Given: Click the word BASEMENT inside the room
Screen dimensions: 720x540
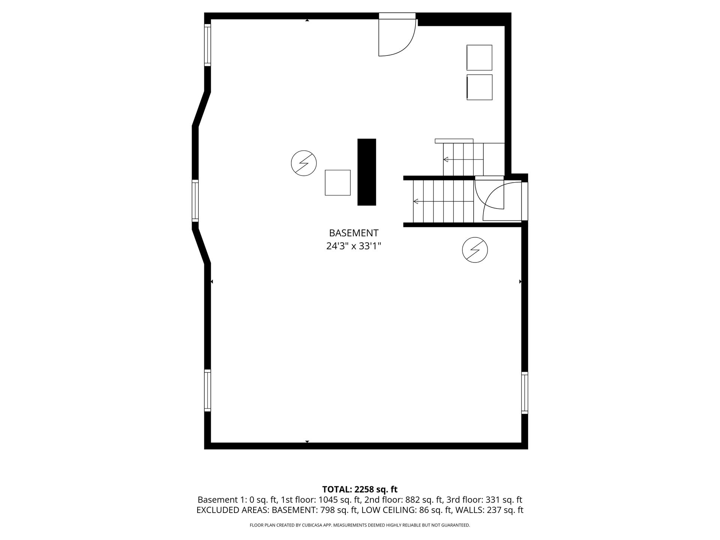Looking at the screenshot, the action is [x=354, y=233].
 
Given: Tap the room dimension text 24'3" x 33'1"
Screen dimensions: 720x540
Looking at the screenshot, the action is [x=354, y=246].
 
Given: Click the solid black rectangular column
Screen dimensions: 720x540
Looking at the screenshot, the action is [x=366, y=172].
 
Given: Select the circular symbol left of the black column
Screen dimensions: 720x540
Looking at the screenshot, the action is [x=304, y=163].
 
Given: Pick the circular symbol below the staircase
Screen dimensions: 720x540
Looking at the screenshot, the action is [x=475, y=249].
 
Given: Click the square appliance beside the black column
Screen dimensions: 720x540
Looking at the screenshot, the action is [x=337, y=183].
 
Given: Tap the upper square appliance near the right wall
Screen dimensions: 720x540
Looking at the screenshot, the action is [x=479, y=57].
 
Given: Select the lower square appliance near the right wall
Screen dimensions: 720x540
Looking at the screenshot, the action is [x=479, y=87].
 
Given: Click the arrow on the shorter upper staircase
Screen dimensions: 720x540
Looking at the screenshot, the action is [x=463, y=159].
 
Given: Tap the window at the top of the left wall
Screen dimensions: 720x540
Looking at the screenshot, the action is [x=207, y=45].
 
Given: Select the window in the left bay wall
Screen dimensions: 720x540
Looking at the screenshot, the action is [x=195, y=200].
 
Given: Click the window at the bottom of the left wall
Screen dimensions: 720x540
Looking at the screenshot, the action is [x=207, y=390].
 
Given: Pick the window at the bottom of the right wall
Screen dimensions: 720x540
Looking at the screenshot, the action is [x=525, y=393].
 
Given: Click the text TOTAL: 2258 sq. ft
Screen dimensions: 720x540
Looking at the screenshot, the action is [x=360, y=489].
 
